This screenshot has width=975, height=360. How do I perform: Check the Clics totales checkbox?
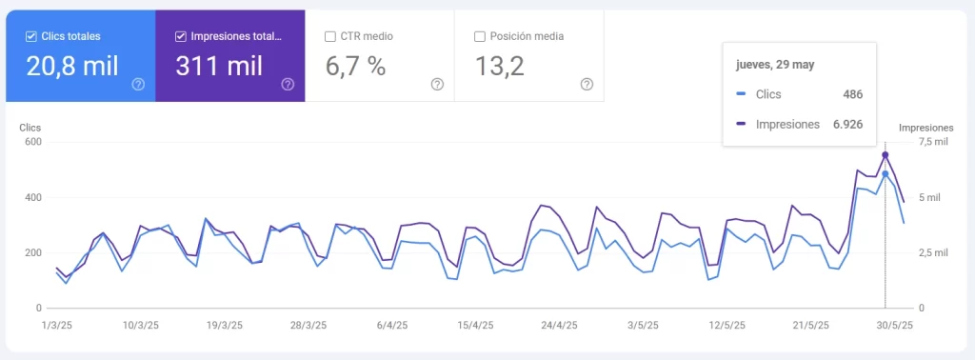click(31, 36)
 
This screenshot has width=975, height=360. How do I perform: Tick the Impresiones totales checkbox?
click(181, 36)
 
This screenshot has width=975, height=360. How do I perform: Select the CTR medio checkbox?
click(330, 36)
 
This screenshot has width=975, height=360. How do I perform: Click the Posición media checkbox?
click(480, 36)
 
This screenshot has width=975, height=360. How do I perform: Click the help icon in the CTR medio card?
click(437, 84)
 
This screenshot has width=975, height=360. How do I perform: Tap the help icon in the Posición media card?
click(587, 84)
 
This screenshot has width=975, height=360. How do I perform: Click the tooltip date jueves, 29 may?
click(775, 65)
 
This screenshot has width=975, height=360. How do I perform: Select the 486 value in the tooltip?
click(852, 94)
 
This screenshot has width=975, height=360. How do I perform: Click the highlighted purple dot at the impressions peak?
click(885, 155)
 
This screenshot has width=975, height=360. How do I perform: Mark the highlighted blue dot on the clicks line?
click(885, 174)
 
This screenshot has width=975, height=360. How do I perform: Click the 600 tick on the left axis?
click(32, 143)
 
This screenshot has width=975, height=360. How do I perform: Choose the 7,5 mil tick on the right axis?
click(932, 143)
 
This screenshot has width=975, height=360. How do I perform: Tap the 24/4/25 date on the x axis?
click(559, 325)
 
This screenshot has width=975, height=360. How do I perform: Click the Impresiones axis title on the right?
click(925, 127)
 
